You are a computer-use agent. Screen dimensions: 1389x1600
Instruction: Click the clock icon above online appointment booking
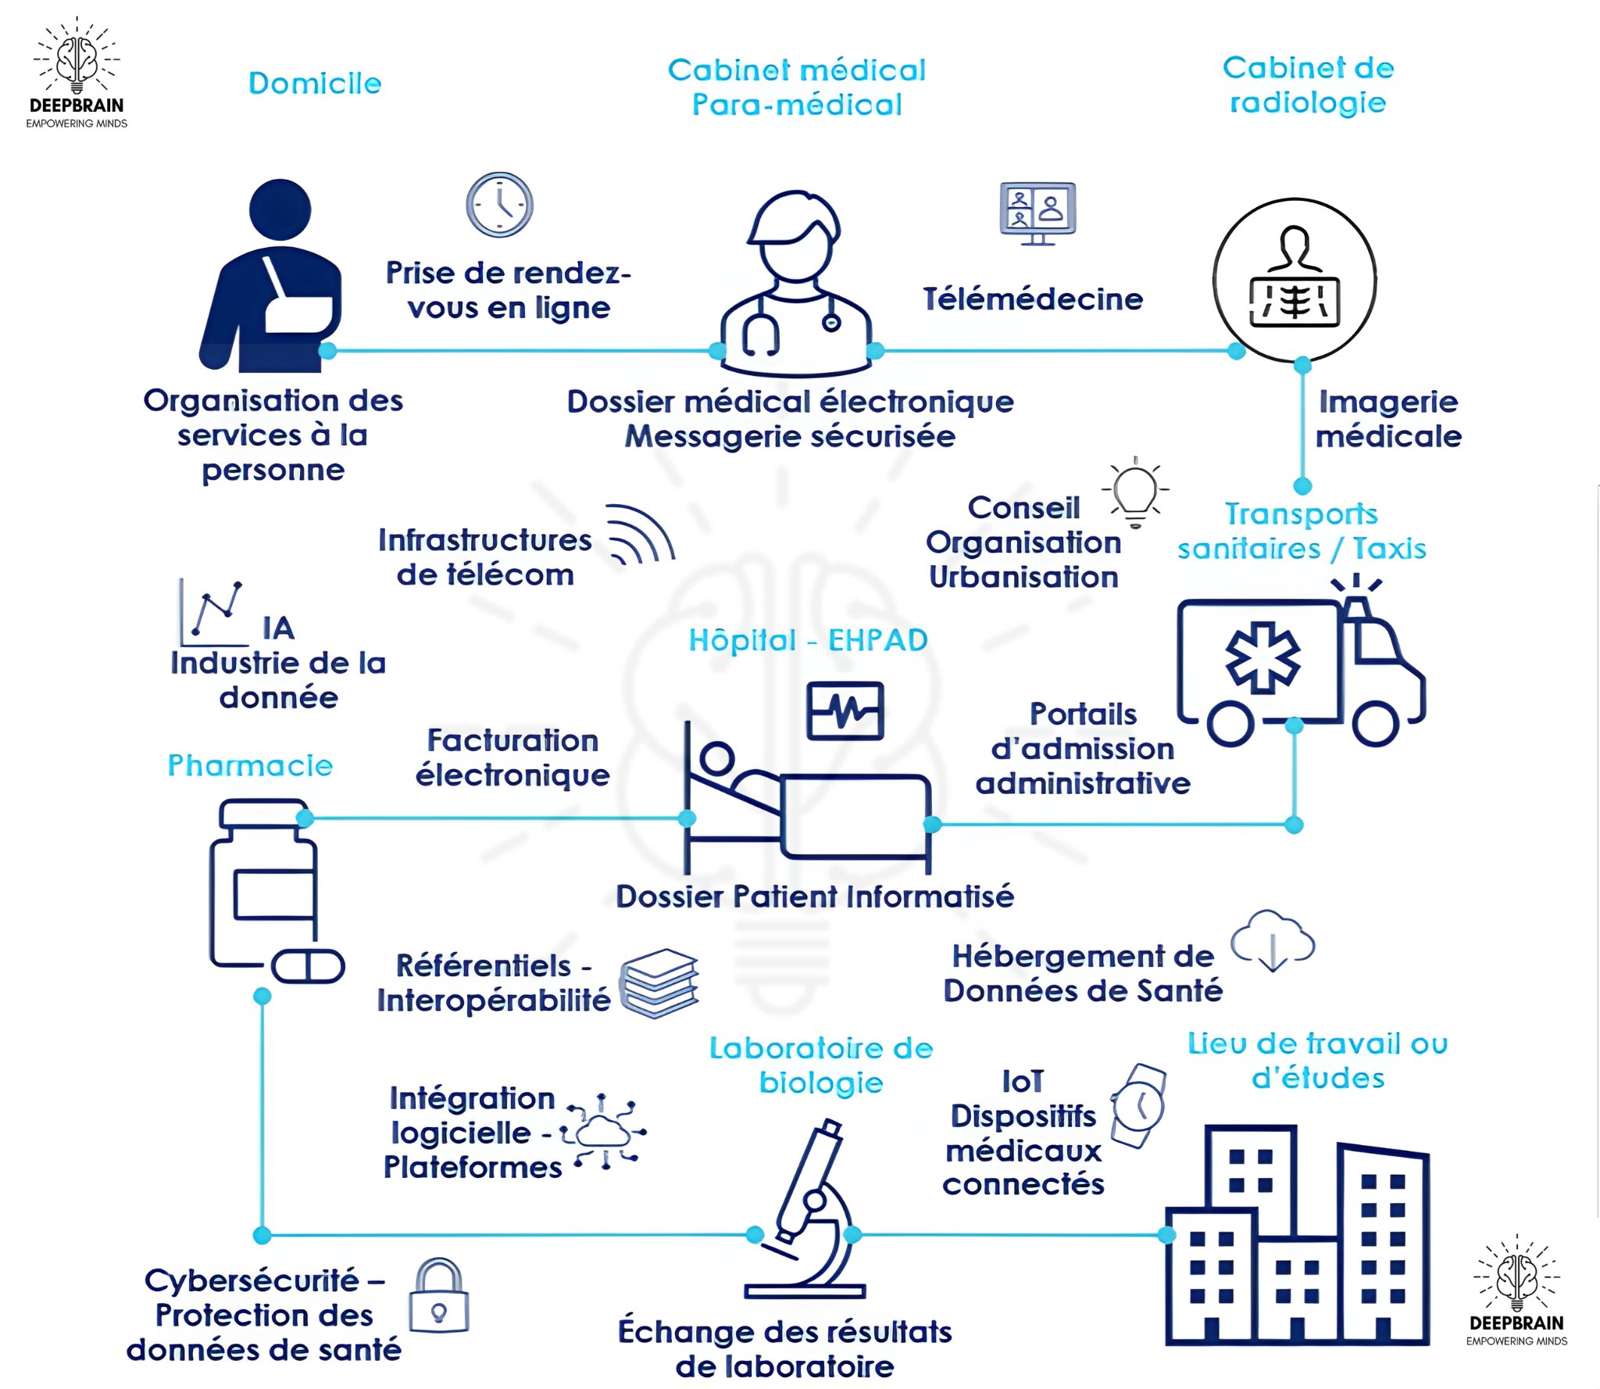[499, 205]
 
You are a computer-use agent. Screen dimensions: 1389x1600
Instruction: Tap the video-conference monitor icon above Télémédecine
[1037, 213]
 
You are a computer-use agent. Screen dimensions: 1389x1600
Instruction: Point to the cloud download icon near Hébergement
[1272, 940]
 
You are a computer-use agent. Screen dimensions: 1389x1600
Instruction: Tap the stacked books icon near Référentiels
[659, 983]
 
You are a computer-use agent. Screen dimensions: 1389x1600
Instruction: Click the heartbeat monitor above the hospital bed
[845, 711]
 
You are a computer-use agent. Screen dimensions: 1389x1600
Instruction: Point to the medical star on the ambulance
[1262, 657]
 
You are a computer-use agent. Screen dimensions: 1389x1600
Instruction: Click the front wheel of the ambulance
[1375, 723]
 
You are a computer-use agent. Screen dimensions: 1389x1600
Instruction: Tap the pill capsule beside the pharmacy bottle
[308, 966]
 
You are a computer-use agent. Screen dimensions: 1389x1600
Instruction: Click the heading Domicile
[315, 84]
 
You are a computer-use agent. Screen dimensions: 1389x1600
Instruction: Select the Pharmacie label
[250, 765]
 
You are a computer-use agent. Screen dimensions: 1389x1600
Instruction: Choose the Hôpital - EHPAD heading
[808, 640]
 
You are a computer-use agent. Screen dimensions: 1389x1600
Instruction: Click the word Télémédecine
[1032, 299]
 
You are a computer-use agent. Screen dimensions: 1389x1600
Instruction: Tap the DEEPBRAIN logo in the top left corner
[77, 73]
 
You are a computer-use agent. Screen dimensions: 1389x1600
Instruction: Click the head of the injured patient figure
[280, 209]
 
